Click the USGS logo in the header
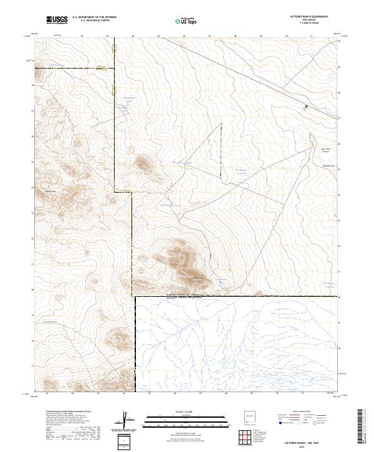(x=57, y=20)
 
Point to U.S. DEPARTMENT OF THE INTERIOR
(x=94, y=17)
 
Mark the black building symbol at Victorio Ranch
(x=305, y=107)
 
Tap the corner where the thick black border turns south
(x=136, y=297)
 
